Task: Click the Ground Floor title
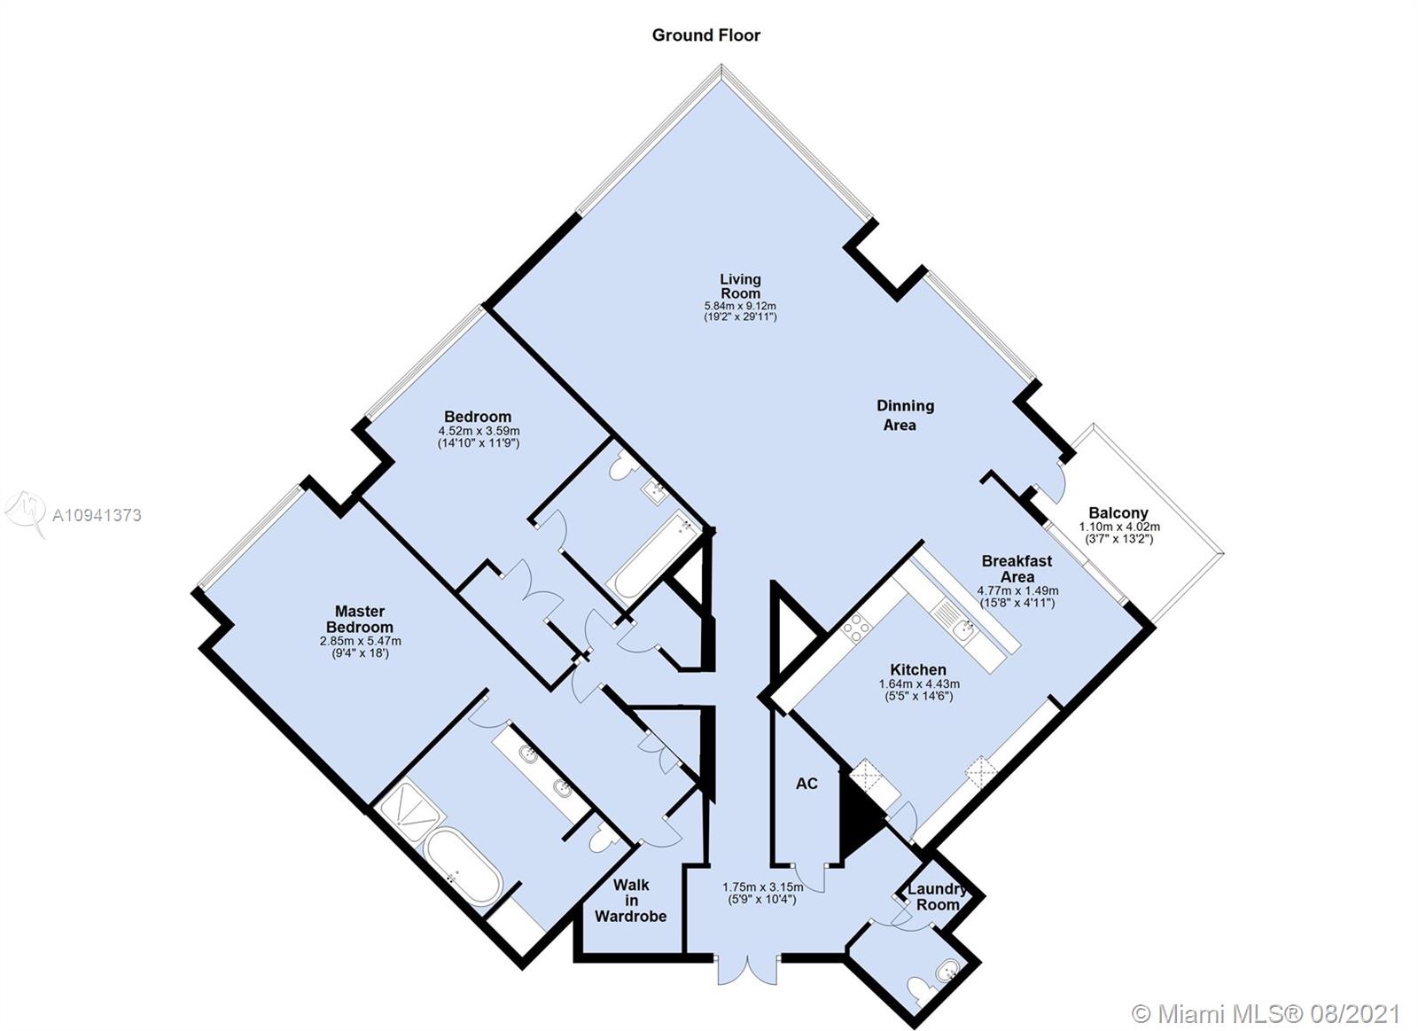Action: pyautogui.click(x=705, y=35)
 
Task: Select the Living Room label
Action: pyautogui.click(x=740, y=286)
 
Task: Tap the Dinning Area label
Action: pyautogui.click(x=905, y=416)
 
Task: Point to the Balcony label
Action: pyautogui.click(x=1118, y=513)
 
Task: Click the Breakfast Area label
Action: pyautogui.click(x=1017, y=569)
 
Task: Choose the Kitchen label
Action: pyautogui.click(x=918, y=669)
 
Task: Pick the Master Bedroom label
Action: pyautogui.click(x=360, y=620)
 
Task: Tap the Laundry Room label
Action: pyautogui.click(x=937, y=897)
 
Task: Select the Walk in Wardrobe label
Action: pyautogui.click(x=630, y=901)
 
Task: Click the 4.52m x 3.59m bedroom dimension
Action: pyautogui.click(x=479, y=431)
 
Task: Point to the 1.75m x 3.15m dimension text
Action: pyautogui.click(x=763, y=887)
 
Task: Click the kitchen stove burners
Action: pyautogui.click(x=856, y=629)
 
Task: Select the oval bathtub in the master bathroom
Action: pyautogui.click(x=464, y=867)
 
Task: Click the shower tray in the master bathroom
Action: pyautogui.click(x=406, y=809)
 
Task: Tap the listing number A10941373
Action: pyautogui.click(x=97, y=516)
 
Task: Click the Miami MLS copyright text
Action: pyautogui.click(x=1266, y=1014)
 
